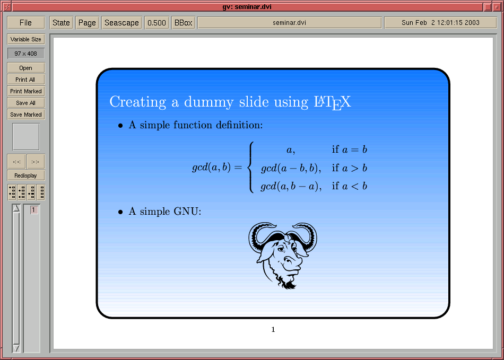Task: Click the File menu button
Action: click(x=25, y=23)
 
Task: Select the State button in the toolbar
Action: click(x=61, y=23)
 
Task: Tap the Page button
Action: click(x=87, y=23)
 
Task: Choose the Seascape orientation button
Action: click(x=121, y=23)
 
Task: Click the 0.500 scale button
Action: click(x=157, y=23)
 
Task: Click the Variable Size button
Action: click(x=25, y=40)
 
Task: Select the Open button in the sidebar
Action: click(x=25, y=68)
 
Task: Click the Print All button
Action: click(x=25, y=80)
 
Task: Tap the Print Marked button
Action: click(x=25, y=91)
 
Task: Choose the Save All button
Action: click(x=25, y=103)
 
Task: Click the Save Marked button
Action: click(x=25, y=115)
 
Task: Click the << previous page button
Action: click(x=17, y=162)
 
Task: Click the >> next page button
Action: click(x=36, y=162)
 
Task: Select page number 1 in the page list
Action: click(x=34, y=210)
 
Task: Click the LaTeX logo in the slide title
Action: click(x=332, y=103)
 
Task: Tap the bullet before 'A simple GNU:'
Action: click(x=120, y=212)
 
